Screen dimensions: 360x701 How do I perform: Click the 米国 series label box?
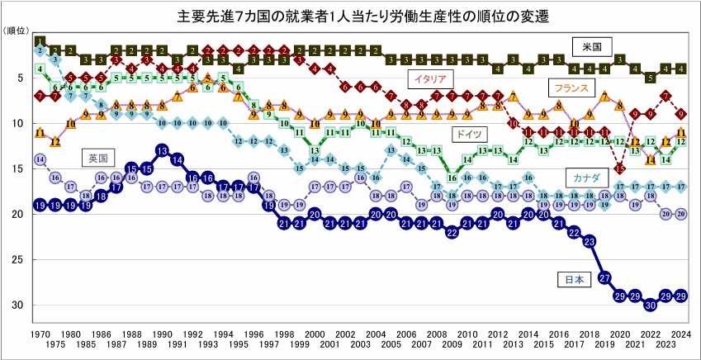(x=592, y=45)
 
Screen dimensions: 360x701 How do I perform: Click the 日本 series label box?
(x=573, y=280)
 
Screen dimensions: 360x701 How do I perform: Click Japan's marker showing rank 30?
(x=651, y=305)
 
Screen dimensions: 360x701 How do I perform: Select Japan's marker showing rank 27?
(x=604, y=277)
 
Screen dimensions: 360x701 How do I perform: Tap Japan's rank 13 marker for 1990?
(x=162, y=150)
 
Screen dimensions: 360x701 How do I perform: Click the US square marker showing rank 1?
(x=40, y=41)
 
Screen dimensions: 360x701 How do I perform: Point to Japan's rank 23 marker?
(x=589, y=241)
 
